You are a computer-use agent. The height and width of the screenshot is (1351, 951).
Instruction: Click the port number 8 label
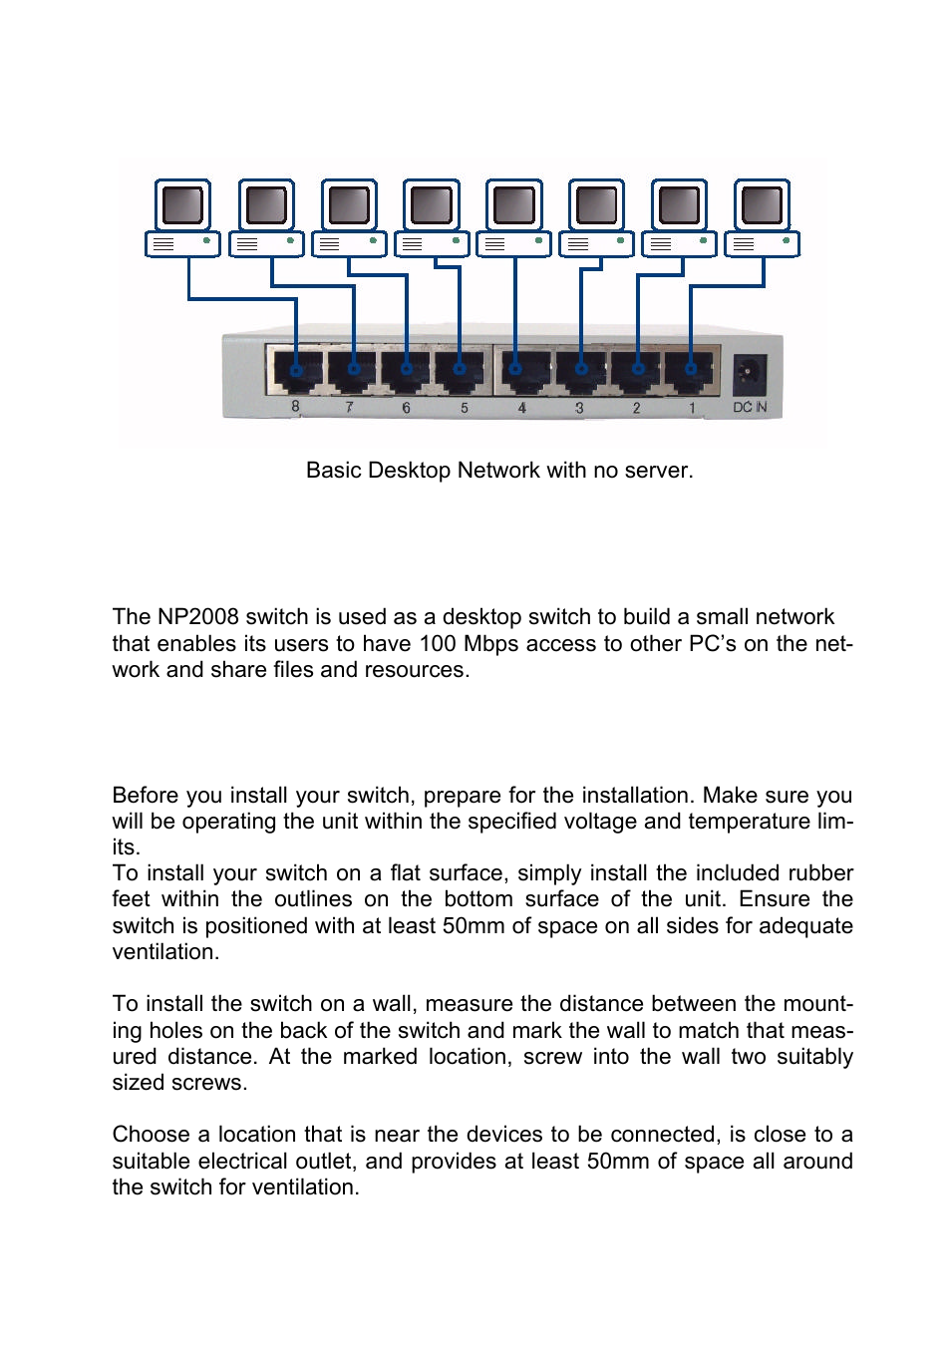click(x=295, y=407)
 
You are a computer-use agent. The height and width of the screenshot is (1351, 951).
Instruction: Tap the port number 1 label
click(x=692, y=408)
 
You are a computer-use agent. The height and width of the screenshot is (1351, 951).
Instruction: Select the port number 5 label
click(x=464, y=408)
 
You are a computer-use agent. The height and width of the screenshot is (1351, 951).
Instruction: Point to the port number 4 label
click(x=521, y=408)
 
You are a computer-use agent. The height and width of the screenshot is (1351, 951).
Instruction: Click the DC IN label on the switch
click(x=750, y=408)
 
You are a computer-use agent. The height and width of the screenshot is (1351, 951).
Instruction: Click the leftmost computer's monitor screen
click(x=182, y=204)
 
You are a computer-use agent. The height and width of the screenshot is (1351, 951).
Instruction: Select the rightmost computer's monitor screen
click(x=762, y=204)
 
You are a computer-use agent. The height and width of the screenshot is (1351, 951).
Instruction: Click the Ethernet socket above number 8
click(x=296, y=371)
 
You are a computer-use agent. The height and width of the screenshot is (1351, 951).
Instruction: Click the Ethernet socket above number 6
click(x=406, y=371)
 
